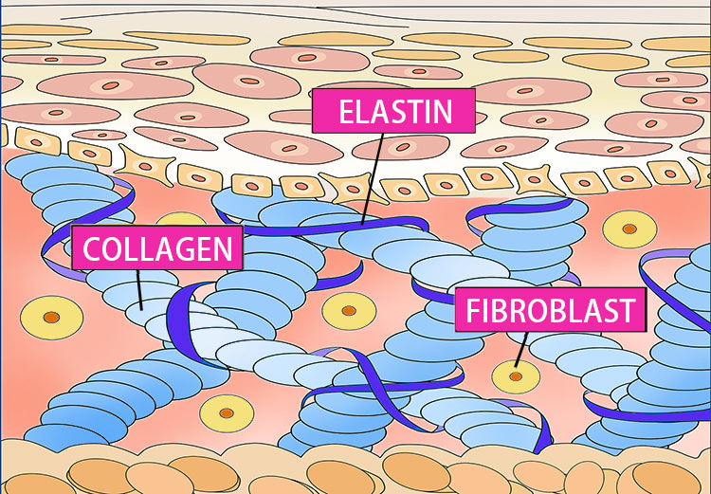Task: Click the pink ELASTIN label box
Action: pos(393,112)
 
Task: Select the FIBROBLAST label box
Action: pos(549,310)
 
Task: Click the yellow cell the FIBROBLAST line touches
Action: pos(516,376)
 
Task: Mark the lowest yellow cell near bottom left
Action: pos(228,413)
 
